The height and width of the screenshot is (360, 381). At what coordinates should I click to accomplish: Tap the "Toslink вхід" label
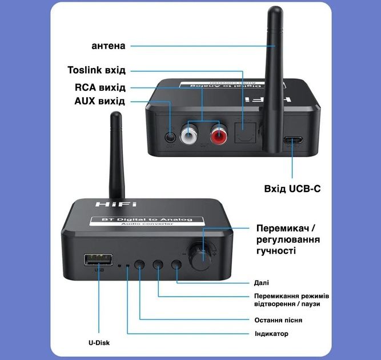(x=97, y=70)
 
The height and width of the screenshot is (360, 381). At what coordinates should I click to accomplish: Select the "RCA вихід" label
(x=100, y=87)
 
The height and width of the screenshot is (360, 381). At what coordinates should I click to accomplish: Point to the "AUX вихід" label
(x=100, y=101)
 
